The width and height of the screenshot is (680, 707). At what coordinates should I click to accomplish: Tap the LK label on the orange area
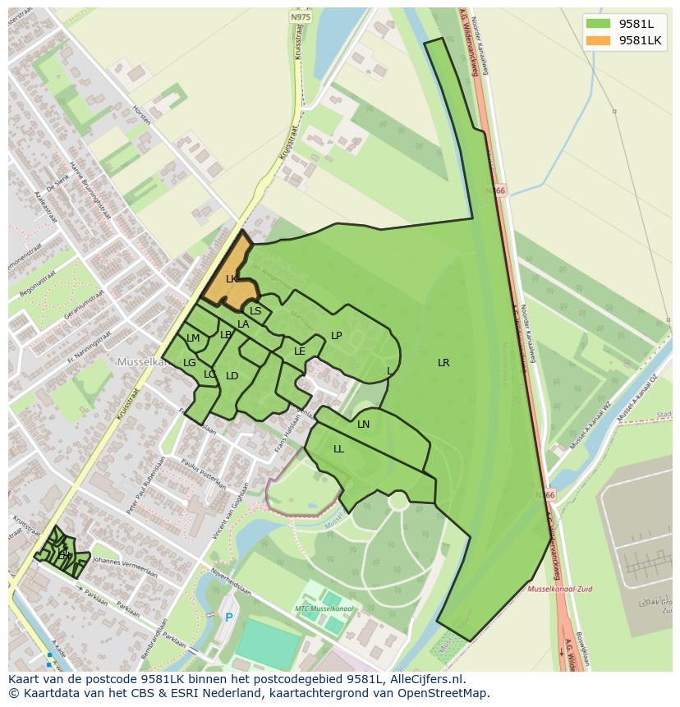[x=232, y=279]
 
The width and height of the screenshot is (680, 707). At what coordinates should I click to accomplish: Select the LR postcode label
[x=443, y=362]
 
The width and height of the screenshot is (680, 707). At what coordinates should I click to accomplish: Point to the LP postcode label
[x=336, y=335]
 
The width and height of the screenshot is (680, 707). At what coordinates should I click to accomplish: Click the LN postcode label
[x=363, y=425]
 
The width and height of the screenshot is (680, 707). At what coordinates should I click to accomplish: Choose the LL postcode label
[x=338, y=449]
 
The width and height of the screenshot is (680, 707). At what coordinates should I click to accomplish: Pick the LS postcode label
[x=255, y=311]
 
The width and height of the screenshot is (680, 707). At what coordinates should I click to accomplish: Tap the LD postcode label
[x=232, y=376]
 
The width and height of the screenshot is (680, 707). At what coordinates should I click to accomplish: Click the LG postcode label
[x=190, y=363]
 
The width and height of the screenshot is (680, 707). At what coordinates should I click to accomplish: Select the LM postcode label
[x=193, y=338]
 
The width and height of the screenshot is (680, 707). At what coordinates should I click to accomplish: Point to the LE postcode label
[x=300, y=351]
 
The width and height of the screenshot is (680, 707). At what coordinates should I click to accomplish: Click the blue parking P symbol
[x=228, y=617]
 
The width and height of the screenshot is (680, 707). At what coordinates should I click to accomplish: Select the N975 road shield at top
[x=301, y=16]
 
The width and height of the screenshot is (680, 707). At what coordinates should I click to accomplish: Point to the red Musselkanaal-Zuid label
[x=559, y=589]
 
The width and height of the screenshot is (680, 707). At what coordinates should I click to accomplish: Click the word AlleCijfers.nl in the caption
[x=426, y=679]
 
